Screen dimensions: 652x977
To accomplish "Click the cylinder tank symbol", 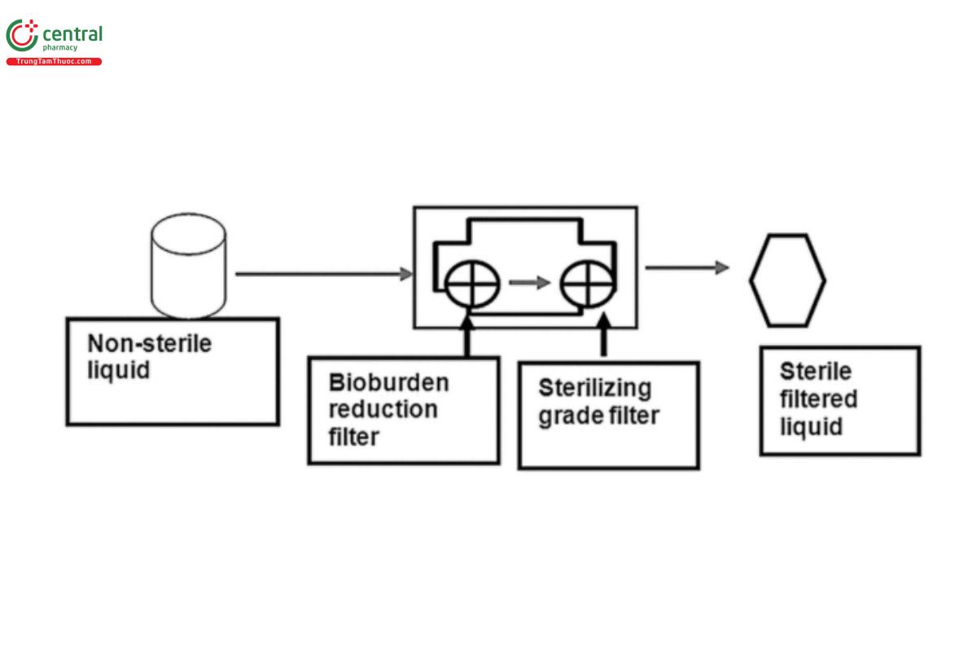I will coord(188,266).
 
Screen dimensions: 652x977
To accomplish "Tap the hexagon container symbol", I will coord(786,280).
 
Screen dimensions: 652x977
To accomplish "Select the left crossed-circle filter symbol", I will coord(472,284).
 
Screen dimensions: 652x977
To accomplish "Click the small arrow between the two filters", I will coord(529,283).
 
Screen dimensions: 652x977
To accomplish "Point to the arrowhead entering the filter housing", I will coord(406,275).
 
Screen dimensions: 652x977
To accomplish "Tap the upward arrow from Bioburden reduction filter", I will coord(467,337).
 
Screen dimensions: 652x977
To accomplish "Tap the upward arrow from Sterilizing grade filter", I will coord(603,337).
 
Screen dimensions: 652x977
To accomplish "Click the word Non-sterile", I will coord(149,343).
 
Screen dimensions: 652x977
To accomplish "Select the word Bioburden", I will coord(388,382).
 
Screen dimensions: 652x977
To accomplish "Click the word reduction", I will coord(383,409).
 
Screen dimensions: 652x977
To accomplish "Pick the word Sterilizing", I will coord(594,388).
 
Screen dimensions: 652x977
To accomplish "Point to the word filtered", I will coord(818,399).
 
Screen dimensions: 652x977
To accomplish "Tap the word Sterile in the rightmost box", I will coord(816,372).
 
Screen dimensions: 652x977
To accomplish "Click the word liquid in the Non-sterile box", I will coord(119,371).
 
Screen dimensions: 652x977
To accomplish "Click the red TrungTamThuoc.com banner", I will coord(54,62).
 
